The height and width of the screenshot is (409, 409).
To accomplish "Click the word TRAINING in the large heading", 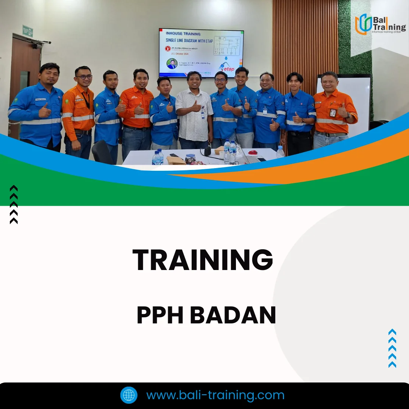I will point(203,260).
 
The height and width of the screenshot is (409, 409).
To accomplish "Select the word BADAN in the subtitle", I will point(233,315).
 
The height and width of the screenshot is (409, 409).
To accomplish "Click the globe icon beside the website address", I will point(129,395).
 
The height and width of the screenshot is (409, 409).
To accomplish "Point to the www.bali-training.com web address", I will point(215,395).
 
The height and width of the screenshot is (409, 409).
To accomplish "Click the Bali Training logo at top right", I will point(380,24).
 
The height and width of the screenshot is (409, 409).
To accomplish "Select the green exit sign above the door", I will point(28,31).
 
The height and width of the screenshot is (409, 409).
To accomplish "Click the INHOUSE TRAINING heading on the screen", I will point(183,34).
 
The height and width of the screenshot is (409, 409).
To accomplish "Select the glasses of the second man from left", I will point(84,77).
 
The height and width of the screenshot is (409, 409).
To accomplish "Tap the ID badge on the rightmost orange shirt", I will point(333,112).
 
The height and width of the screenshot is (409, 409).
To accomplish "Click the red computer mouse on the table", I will point(253,152).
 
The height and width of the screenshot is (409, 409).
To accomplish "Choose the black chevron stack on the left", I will point(14,204).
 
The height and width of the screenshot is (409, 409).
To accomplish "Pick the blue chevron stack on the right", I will point(392,348).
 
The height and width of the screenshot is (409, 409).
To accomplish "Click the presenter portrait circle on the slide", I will point(172,63).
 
